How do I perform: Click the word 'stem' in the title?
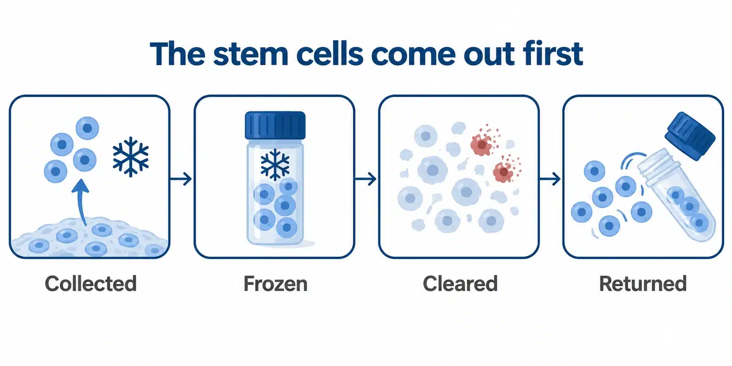[x=250, y=54]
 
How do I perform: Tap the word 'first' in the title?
[x=552, y=53]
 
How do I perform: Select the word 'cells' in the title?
[x=330, y=53]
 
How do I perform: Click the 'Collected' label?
[x=91, y=283]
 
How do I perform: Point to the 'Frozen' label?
[x=275, y=283]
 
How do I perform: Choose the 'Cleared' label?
[x=460, y=283]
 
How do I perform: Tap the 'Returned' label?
[x=642, y=283]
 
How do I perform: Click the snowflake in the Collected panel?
[x=131, y=156]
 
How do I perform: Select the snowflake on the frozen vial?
[x=275, y=165]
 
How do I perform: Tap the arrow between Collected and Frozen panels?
[x=181, y=179]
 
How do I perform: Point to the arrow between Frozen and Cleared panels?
[x=366, y=179]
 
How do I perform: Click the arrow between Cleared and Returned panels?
[x=549, y=179]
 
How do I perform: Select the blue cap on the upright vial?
[x=275, y=125]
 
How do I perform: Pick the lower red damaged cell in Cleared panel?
[x=505, y=170]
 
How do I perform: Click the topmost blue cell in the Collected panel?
[x=87, y=128]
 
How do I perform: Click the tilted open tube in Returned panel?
[x=677, y=195]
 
